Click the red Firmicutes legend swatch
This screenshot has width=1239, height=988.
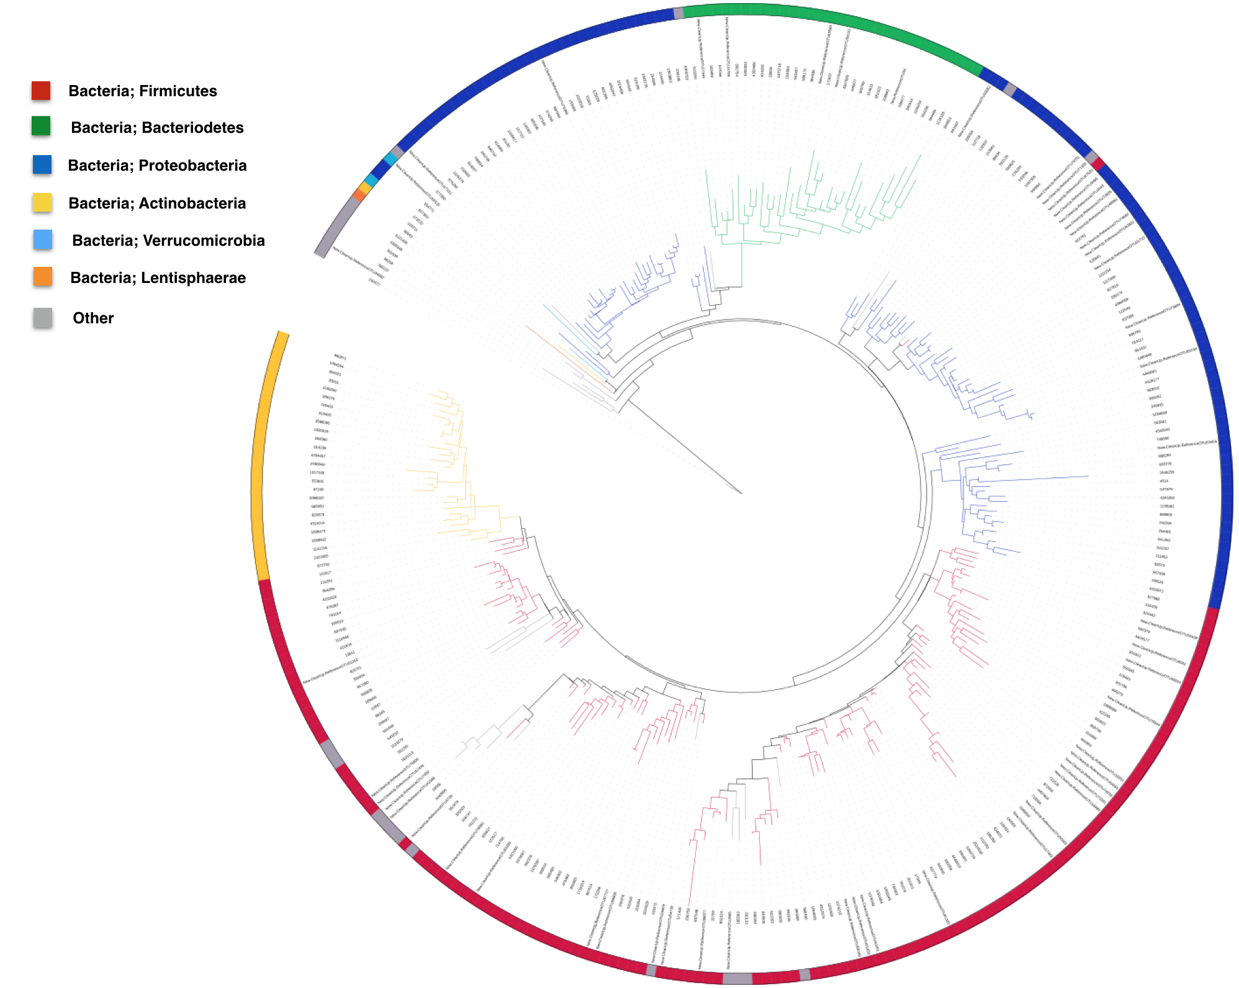(41, 91)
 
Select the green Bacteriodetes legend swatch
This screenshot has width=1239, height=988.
(41, 126)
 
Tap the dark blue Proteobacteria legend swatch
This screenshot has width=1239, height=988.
(42, 164)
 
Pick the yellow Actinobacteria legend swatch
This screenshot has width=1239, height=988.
(42, 202)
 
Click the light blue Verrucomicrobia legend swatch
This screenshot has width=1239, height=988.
(43, 240)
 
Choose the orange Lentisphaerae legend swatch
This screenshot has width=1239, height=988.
(43, 277)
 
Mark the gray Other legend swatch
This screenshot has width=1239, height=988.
(43, 317)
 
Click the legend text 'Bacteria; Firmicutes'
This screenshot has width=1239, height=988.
(143, 91)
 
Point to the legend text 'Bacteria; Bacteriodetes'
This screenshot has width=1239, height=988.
(157, 128)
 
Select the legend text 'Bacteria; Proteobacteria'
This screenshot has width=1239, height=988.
(157, 166)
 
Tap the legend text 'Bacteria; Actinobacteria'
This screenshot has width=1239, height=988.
(157, 204)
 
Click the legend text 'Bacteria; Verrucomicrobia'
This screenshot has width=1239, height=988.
(168, 241)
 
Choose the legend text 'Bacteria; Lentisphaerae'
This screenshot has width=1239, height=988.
(158, 278)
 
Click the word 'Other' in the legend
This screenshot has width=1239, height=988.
(93, 318)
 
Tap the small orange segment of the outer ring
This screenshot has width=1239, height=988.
(358, 195)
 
